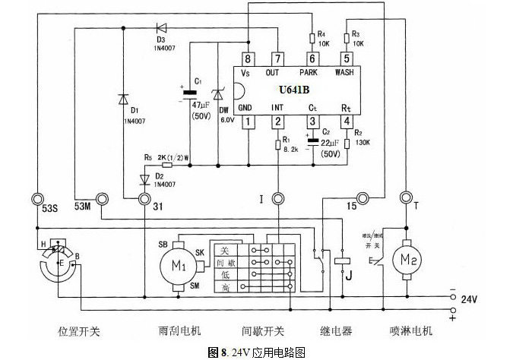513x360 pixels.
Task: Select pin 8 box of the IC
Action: (x=246, y=58)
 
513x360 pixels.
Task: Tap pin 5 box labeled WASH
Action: (x=346, y=58)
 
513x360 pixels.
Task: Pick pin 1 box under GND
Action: (x=246, y=122)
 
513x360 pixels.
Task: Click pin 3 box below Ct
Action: (x=312, y=122)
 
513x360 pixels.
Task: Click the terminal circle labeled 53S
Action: (x=36, y=199)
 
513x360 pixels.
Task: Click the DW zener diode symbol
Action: (x=217, y=95)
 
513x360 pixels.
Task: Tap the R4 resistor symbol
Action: (x=312, y=38)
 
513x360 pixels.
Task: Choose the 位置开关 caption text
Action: (x=79, y=332)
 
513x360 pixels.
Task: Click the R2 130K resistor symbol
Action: (x=347, y=143)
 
